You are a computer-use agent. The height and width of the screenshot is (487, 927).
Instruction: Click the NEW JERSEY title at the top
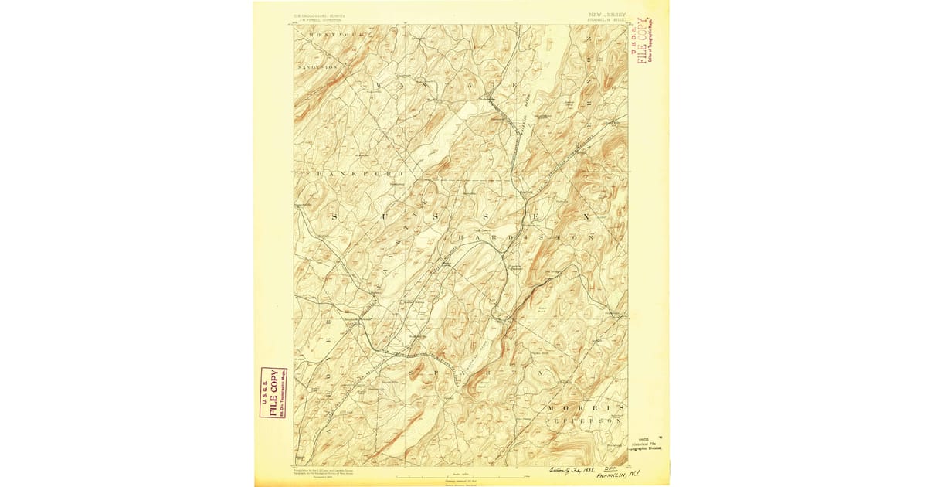(607, 14)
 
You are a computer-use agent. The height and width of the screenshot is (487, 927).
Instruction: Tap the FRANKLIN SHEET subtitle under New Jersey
(607, 19)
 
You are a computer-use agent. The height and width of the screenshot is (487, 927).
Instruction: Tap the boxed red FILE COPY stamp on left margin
(273, 393)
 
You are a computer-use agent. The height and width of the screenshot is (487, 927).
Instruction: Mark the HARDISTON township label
(525, 234)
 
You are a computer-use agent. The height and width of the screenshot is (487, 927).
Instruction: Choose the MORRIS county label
(584, 407)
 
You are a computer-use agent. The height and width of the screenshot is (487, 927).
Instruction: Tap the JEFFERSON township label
(583, 420)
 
